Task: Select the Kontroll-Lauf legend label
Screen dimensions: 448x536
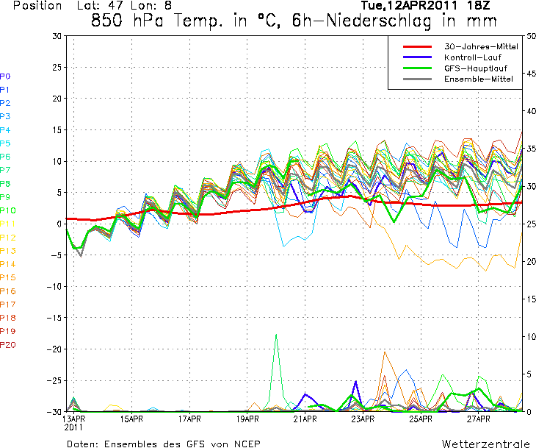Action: click(471, 57)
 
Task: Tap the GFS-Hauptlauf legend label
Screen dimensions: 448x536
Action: click(472, 67)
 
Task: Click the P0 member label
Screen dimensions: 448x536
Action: click(5, 77)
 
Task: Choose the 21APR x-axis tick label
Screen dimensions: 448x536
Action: click(304, 419)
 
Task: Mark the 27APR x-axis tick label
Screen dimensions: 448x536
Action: click(477, 419)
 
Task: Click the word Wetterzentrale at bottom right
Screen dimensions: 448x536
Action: click(486, 444)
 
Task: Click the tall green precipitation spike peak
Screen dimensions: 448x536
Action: click(276, 335)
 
